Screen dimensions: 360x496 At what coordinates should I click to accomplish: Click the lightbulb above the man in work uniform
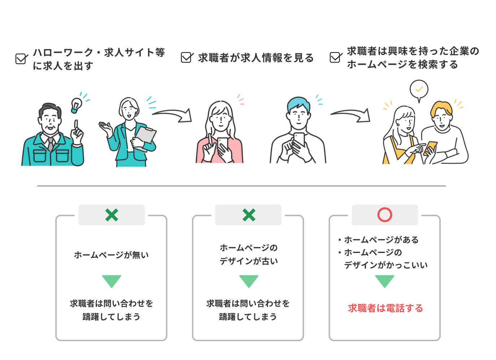pos(76,104)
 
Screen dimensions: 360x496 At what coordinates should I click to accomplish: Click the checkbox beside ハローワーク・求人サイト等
pos(21,59)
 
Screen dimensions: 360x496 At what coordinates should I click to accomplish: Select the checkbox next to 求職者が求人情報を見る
pos(186,57)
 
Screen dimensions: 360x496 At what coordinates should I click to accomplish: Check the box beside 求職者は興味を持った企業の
pos(336,57)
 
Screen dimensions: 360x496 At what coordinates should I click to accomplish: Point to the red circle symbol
pos(385,215)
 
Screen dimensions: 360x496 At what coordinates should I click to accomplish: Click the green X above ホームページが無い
pos(112,215)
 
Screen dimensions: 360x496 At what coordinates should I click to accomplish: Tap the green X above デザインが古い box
pos(249,215)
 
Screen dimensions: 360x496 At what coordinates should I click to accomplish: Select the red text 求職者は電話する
pos(385,308)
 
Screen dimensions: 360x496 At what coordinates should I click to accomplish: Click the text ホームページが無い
pos(111,255)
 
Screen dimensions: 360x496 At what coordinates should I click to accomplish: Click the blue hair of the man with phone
pos(298,103)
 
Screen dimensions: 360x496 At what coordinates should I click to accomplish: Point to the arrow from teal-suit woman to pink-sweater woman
pos(173,115)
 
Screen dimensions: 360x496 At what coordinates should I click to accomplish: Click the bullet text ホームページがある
pos(381,240)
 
